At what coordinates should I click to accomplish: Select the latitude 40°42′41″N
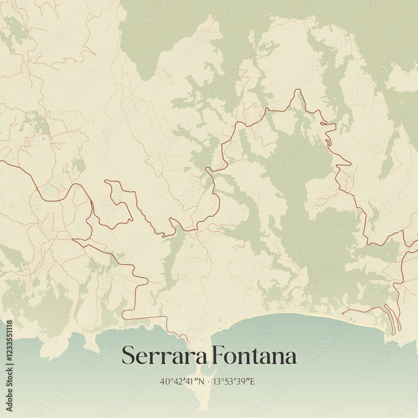point(182,381)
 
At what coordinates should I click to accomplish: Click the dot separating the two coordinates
point(209,381)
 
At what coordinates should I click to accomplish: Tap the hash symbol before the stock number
point(9,359)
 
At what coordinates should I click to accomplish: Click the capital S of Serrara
point(128,356)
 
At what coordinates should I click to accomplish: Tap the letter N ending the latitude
point(202,381)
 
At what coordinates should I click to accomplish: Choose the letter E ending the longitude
point(252,381)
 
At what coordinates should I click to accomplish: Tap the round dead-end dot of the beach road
point(342,313)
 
